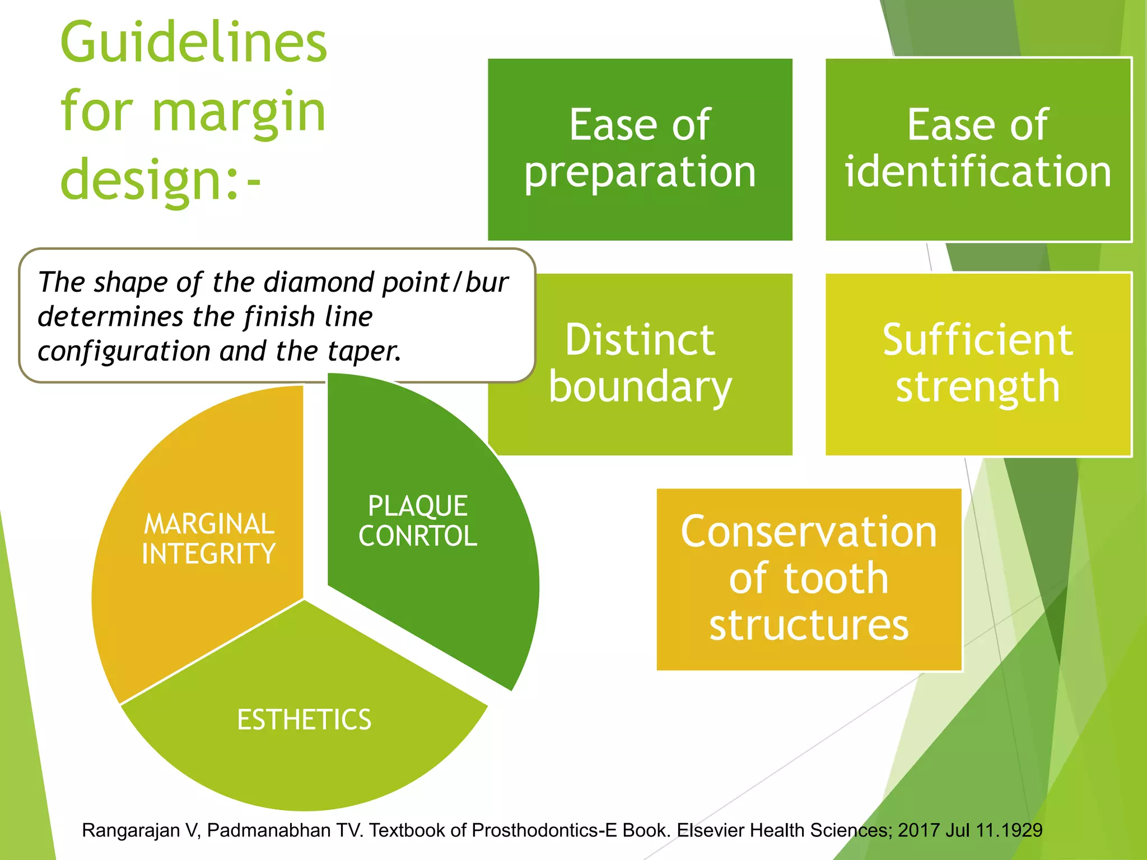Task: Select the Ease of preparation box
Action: [640, 149]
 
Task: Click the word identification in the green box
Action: [978, 172]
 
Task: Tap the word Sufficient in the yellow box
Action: [977, 340]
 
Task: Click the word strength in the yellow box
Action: [977, 387]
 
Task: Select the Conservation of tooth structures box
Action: [809, 579]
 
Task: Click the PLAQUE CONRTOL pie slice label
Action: [418, 521]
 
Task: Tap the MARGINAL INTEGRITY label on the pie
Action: [209, 539]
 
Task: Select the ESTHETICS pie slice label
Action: [304, 720]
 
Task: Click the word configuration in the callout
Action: [124, 352]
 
